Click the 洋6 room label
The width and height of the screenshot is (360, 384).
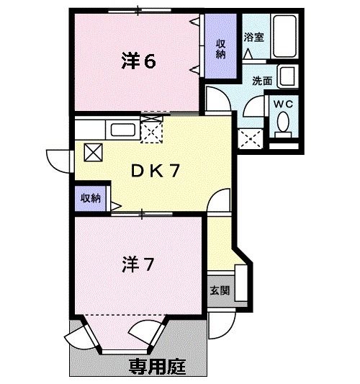138,61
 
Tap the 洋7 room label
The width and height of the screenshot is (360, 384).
137,264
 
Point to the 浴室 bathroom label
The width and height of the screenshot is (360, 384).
253,36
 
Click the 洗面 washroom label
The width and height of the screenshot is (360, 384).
262,81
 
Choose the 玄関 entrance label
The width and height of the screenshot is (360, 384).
220,291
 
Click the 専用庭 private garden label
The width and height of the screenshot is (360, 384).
157,365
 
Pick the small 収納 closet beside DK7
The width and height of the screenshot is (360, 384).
91,197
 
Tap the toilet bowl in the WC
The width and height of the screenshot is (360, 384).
283,127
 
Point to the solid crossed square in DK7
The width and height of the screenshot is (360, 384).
94,151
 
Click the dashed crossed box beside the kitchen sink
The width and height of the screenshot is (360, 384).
151,130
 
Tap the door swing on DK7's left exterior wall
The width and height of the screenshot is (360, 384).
58,160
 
